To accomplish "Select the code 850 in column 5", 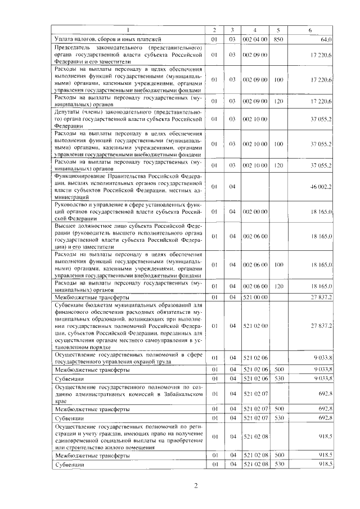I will pos(278,39).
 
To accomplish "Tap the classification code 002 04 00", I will pos(255,39).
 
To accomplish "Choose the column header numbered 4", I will pos(255,29).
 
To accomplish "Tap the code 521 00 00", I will pos(255,296).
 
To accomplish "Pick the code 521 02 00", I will pos(255,326).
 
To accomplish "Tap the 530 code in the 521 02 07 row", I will pos(278,418).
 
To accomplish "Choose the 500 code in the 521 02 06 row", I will pos(278,370).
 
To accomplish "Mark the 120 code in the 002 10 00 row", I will pos(278,165).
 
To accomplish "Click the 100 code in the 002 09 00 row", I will pos(278,80).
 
